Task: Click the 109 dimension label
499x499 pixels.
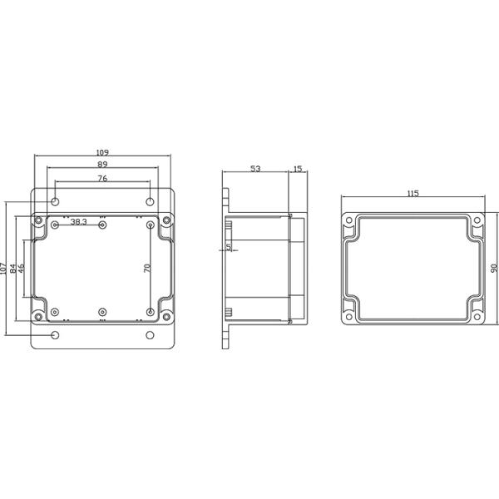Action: pyautogui.click(x=102, y=152)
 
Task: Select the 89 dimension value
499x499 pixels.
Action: pyautogui.click(x=102, y=166)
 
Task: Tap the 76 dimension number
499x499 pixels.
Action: pyautogui.click(x=102, y=179)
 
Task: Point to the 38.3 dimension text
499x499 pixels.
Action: pyautogui.click(x=79, y=222)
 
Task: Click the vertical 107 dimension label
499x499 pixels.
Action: pyautogui.click(x=4, y=269)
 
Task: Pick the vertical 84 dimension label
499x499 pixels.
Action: pyautogui.click(x=13, y=269)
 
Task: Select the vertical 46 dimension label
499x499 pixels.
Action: pyautogui.click(x=22, y=269)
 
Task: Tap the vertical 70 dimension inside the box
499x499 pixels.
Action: pyautogui.click(x=146, y=269)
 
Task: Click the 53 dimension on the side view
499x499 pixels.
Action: pyautogui.click(x=255, y=169)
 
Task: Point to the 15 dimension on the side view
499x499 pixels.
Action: pyautogui.click(x=298, y=169)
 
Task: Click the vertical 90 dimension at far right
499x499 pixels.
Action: pyautogui.click(x=493, y=269)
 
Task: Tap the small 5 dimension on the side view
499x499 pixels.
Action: pyautogui.click(x=229, y=247)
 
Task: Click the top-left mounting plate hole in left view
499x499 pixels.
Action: pyautogui.click(x=55, y=202)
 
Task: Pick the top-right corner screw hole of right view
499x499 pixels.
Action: pyautogui.click(x=477, y=221)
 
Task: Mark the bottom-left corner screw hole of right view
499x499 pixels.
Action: pyautogui.click(x=348, y=315)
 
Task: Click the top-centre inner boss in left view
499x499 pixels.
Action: pyautogui.click(x=102, y=225)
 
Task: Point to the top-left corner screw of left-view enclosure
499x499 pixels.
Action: pyautogui.click(x=37, y=220)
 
